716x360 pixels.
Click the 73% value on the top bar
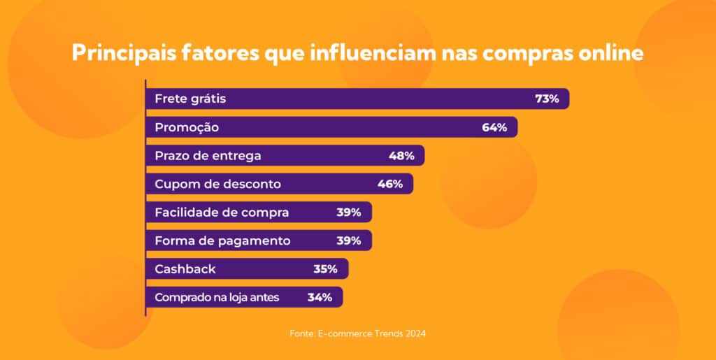click(547, 99)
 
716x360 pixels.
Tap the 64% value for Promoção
click(494, 128)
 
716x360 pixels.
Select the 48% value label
click(401, 156)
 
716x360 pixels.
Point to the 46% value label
click(390, 185)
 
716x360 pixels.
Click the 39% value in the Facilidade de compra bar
click(348, 213)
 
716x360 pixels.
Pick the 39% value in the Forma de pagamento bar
click(348, 241)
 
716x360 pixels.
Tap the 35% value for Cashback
click(325, 269)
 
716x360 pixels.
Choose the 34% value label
click(320, 298)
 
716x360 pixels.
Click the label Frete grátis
click(190, 99)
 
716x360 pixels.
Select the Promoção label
click(187, 128)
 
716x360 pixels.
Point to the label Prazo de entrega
click(208, 156)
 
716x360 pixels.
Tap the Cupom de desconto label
click(217, 185)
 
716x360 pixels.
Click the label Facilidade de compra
click(222, 213)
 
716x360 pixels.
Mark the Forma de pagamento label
click(222, 241)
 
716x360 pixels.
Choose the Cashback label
click(185, 269)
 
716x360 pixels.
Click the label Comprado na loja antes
click(217, 298)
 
